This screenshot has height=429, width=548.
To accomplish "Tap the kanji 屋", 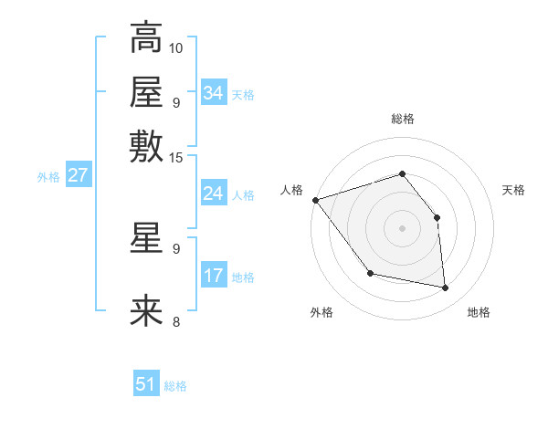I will tap(146, 91).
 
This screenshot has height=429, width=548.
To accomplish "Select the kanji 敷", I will tap(146, 146).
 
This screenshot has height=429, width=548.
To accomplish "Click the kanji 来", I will tap(146, 311).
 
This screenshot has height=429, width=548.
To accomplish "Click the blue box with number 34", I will tap(214, 93).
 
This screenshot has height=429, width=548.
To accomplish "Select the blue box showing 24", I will tap(214, 194).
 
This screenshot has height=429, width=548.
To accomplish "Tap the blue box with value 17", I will tap(214, 276).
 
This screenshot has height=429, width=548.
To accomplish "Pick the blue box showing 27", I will tap(78, 175).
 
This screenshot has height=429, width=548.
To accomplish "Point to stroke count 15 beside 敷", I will tap(176, 157).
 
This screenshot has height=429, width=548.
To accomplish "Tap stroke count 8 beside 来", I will tap(176, 321).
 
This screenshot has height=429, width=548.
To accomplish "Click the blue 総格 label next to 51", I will tap(175, 386).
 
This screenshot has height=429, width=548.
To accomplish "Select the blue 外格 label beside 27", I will tap(48, 177).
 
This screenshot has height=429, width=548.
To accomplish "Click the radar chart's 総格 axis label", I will tap(402, 120).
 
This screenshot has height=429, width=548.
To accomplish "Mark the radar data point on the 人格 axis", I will tap(315, 200).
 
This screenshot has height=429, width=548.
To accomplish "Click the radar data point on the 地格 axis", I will tap(445, 288).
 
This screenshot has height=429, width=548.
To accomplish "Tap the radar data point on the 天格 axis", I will tap(437, 217).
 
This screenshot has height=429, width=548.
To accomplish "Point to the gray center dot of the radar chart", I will tap(402, 228).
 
